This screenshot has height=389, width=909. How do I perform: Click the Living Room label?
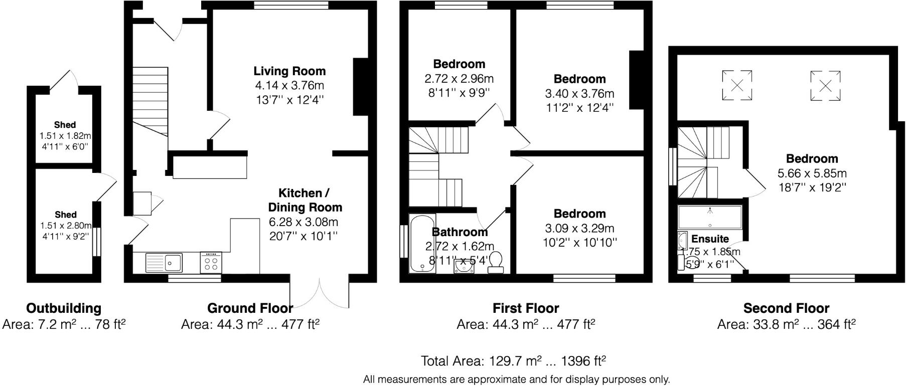click(x=289, y=71)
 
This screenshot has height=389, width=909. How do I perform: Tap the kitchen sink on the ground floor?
click(x=164, y=262)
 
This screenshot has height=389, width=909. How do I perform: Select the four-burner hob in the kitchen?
click(x=211, y=262)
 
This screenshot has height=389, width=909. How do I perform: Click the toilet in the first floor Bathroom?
click(x=496, y=262)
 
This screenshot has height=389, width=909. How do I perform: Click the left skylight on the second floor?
click(x=737, y=85)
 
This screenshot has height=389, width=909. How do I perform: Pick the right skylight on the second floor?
click(x=825, y=85)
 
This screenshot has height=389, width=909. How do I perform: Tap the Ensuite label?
click(x=710, y=239)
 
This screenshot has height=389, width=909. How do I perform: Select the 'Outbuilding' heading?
click(x=64, y=308)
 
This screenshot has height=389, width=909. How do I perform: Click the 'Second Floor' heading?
click(x=786, y=308)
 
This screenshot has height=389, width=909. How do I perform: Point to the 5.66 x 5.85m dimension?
click(x=812, y=173)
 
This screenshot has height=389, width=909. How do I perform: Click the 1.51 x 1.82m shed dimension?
click(x=65, y=136)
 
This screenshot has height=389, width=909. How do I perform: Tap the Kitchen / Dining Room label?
click(x=305, y=200)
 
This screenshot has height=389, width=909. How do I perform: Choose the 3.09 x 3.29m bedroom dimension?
click(x=579, y=229)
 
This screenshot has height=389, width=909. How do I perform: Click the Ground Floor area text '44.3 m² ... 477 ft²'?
click(x=250, y=325)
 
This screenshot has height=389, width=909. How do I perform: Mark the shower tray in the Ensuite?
click(x=709, y=217)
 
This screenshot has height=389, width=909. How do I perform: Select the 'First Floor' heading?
click(x=525, y=308)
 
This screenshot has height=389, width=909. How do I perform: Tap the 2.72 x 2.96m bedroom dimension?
click(x=459, y=79)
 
